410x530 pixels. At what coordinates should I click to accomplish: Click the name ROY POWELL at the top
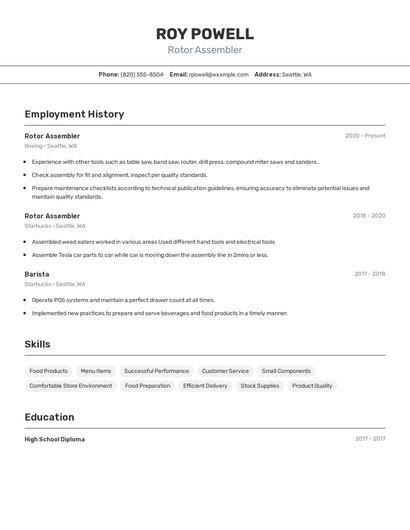coord(205,33)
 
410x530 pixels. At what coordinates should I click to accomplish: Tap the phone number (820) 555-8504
coord(141,74)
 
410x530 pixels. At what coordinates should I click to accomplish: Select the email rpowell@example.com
coord(219,74)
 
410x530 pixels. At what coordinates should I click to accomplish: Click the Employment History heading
coord(74,114)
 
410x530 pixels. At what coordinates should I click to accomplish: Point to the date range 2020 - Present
coord(365,136)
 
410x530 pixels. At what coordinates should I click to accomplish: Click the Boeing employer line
coord(50,146)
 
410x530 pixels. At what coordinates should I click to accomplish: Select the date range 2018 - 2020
coord(368,216)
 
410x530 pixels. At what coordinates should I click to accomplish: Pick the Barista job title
coord(37,274)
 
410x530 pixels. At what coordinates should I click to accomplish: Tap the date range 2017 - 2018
coord(369,274)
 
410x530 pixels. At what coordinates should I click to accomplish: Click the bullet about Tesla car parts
coord(150,255)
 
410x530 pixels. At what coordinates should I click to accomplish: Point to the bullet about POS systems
coord(123,300)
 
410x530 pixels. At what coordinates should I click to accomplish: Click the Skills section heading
coord(38,344)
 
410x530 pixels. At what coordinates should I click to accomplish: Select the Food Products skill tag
coord(49,371)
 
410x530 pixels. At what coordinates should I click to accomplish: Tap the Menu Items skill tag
coord(96,371)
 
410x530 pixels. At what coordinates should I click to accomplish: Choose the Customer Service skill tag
coord(225,371)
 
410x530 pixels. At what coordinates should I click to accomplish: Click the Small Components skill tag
coord(286,371)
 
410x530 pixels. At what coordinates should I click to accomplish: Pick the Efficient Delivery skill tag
coord(205,386)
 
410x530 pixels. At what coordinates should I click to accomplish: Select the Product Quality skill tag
coord(312,386)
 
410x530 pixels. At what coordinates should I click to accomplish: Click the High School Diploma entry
coord(55,439)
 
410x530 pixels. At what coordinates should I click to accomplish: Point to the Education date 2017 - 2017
coord(370,439)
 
